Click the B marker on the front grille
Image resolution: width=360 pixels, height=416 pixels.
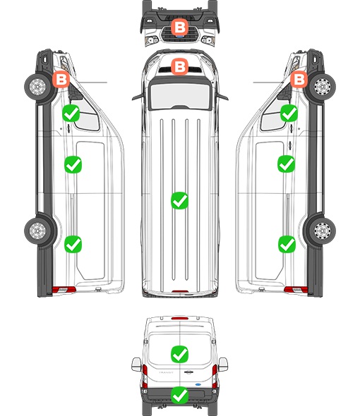179,27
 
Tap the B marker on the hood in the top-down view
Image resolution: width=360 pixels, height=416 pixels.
179,66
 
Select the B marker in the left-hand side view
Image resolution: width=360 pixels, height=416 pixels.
61,79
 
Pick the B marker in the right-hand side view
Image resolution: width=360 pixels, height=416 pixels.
299,79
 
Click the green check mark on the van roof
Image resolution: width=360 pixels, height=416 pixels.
179,200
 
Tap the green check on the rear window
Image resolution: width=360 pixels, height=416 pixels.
179,354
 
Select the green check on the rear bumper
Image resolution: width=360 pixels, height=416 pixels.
179,395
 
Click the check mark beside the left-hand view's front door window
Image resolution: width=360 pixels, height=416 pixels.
71,114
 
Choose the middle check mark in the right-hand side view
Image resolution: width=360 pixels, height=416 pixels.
286,164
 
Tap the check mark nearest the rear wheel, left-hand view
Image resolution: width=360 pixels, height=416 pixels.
73,244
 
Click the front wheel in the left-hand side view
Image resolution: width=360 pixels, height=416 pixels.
37,87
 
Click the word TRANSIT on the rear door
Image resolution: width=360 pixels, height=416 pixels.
166,372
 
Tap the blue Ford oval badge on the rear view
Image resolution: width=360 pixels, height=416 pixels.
198,384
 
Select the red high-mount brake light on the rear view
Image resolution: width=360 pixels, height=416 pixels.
180,318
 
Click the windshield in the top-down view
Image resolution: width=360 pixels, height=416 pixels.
180,95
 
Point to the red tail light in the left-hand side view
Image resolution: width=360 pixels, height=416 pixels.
64,290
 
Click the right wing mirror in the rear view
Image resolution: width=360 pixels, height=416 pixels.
223,365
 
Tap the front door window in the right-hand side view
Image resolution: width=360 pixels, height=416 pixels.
273,117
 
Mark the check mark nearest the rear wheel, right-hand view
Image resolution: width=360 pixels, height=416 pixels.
287,244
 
